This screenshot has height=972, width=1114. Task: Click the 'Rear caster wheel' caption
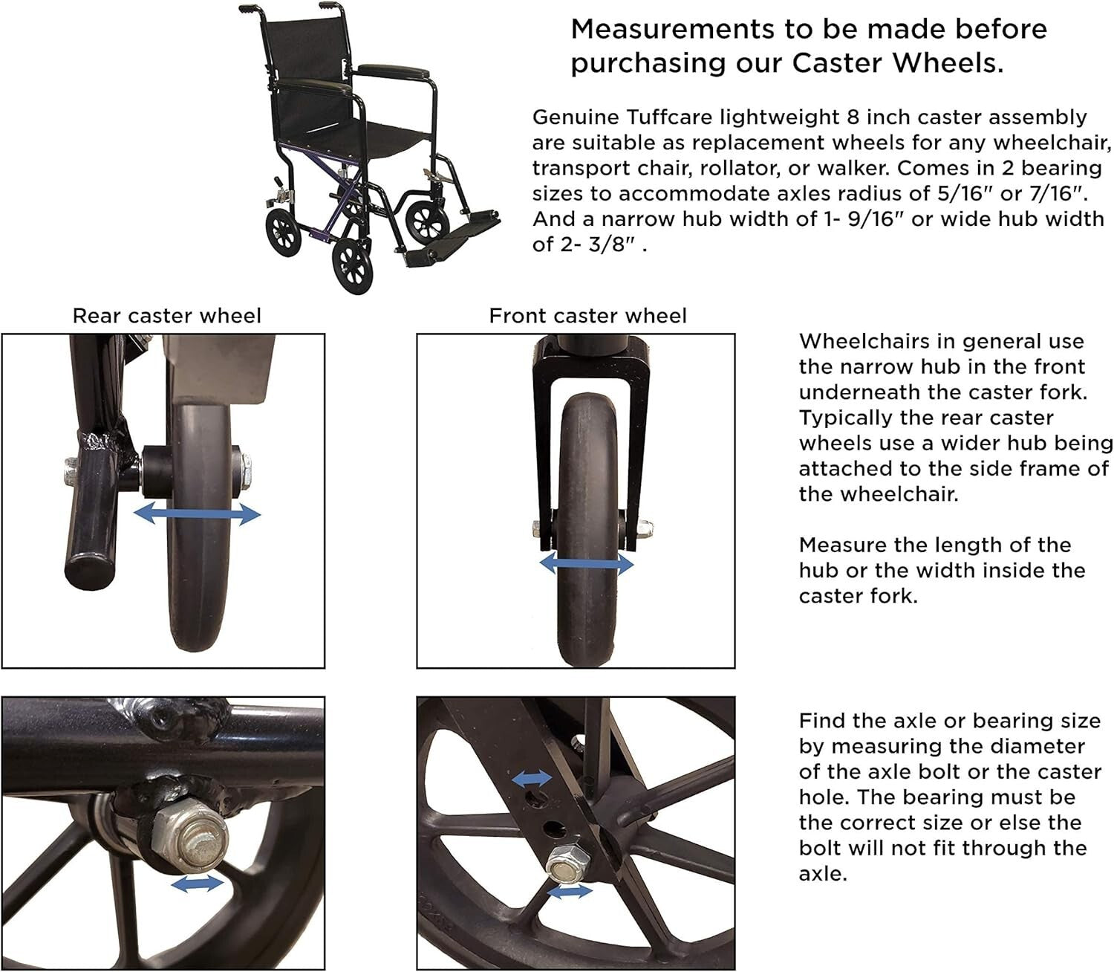166,316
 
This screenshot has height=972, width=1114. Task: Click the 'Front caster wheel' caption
587,316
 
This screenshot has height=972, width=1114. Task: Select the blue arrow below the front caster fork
587,565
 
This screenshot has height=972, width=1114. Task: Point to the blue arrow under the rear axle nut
197,883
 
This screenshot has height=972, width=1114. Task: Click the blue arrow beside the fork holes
532,778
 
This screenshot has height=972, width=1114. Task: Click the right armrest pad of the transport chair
394,72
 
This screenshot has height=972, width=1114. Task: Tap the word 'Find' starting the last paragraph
821,721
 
